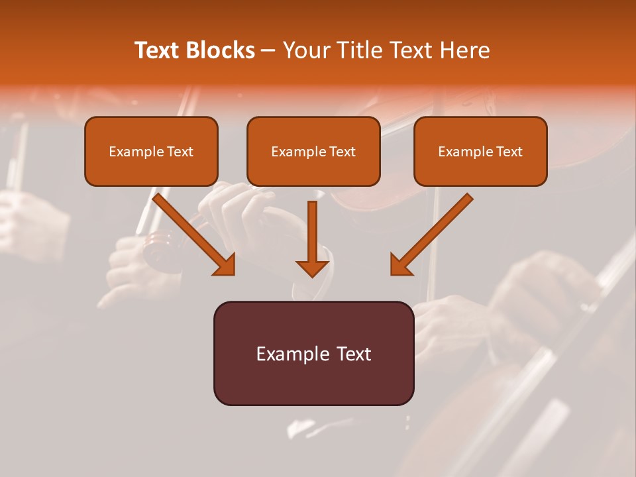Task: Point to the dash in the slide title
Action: point(268,51)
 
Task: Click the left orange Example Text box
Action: point(151,151)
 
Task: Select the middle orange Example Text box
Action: point(313,151)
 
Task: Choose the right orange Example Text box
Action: point(480,151)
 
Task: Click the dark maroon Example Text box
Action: point(313,353)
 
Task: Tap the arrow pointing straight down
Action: point(312,238)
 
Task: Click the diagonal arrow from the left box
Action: point(192,233)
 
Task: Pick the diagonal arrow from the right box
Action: point(433,233)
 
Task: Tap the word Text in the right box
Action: point(509,152)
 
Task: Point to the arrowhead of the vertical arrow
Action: point(312,268)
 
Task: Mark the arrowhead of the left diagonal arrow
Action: point(225,265)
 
